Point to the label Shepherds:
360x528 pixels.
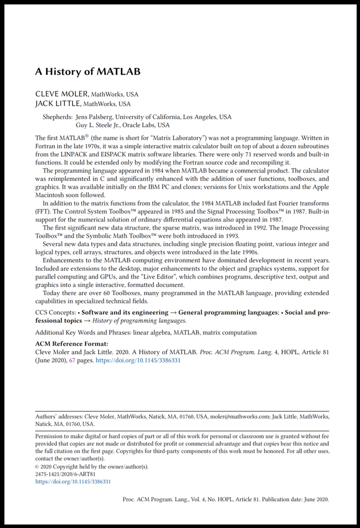57,117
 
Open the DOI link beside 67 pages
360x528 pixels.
138,360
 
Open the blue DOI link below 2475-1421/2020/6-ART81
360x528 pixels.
73,482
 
